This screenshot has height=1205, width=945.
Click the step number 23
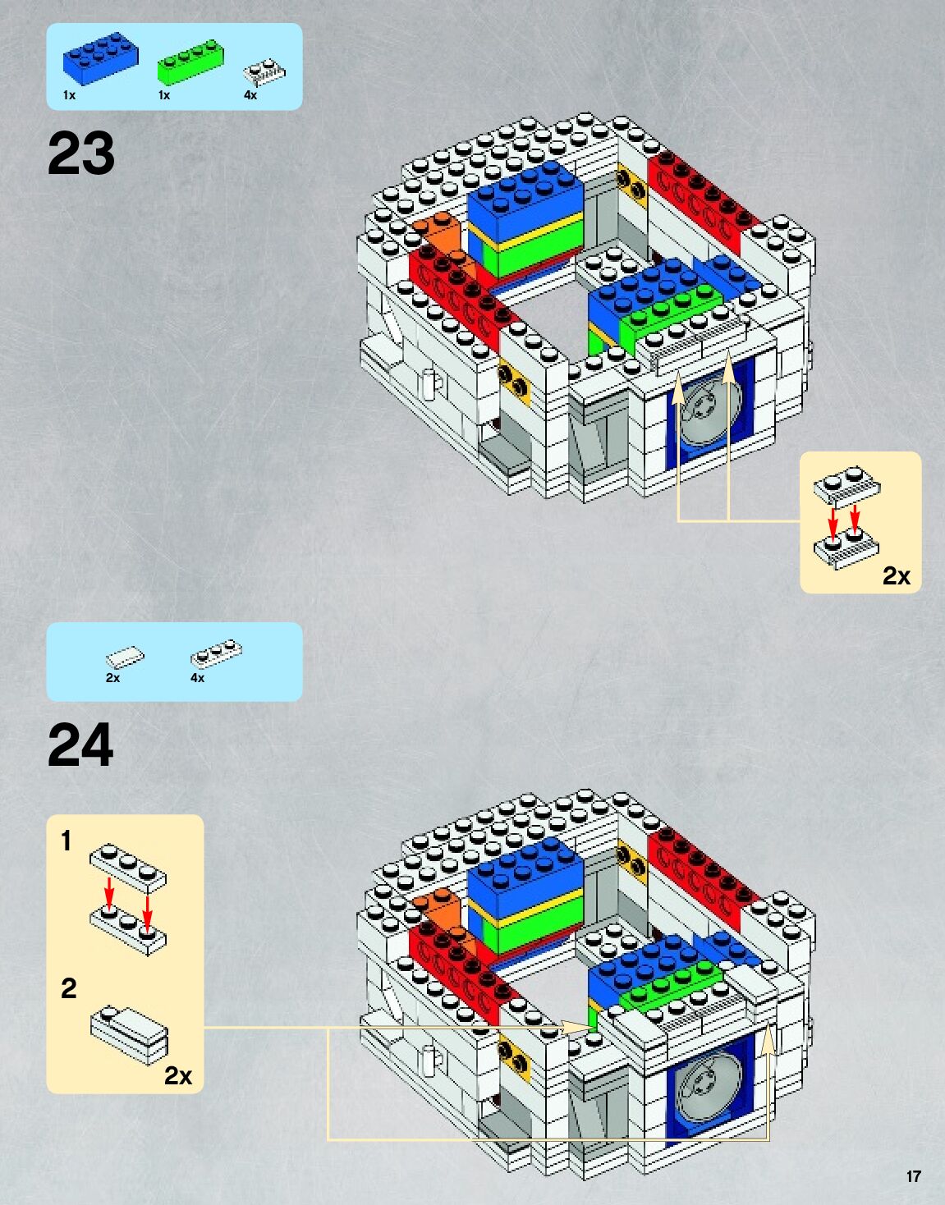coord(81,153)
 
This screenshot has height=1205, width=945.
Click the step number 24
coord(80,745)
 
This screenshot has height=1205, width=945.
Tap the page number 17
coord(913,1176)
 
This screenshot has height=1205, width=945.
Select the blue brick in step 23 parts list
coord(99,57)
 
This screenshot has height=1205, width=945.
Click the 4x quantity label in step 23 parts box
coord(250,95)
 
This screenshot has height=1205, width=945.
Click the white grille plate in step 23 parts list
coord(264,73)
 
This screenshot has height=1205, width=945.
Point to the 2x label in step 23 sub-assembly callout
coord(896,576)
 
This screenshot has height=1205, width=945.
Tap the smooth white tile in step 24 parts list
coord(125,657)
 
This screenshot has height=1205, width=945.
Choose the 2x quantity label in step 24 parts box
coord(112,678)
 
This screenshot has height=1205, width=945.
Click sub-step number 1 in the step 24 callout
coord(67,841)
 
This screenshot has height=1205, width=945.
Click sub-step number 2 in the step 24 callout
coord(68,987)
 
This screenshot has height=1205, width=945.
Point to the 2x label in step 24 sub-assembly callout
coord(177,1075)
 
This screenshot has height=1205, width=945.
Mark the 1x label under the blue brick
coord(69,95)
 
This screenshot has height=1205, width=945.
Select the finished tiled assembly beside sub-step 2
coord(130,1035)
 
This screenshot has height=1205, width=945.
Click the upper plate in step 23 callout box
coord(847,486)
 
